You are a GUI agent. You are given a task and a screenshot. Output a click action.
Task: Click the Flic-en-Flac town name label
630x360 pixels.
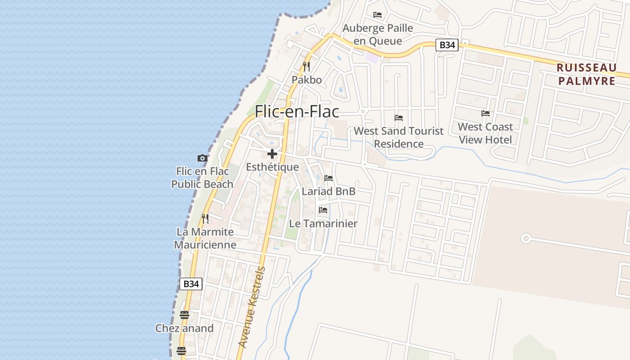pos(297,112)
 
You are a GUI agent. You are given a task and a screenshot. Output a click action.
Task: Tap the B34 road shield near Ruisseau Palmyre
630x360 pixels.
pos(447,45)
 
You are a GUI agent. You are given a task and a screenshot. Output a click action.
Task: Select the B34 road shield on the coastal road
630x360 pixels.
pos(191,284)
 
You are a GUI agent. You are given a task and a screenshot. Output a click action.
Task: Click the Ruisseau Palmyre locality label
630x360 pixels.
pos(586,74)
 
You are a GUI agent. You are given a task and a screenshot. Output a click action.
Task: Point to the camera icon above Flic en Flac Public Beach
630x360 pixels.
pos(202,158)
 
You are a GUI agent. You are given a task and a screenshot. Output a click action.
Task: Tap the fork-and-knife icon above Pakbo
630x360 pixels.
pos(306,67)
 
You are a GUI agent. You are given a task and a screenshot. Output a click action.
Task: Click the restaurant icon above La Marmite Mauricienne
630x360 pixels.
pos(205,219)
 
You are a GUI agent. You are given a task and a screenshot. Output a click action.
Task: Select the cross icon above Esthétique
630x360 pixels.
pos(272,154)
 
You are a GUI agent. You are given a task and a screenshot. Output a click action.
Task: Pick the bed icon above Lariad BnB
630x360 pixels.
pos(328,178)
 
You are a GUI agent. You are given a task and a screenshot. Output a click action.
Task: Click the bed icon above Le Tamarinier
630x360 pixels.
pos(323,210)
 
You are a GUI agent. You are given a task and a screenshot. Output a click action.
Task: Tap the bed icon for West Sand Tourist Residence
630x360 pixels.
pos(399,118)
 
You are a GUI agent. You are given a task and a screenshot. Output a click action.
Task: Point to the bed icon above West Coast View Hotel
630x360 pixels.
pos(486,113)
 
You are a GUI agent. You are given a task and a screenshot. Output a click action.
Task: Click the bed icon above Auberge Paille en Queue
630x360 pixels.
pos(378,15)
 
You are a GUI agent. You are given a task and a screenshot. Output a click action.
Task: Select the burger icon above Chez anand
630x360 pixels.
pos(184,315)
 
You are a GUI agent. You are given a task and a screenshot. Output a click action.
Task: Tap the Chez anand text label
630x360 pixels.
pos(184,328)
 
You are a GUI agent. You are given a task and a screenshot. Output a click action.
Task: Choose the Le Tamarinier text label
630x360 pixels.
pos(323,223)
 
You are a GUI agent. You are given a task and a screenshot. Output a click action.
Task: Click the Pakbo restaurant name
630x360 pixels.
pos(306,80)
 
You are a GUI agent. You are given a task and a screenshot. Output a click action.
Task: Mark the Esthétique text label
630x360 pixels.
pos(272,167)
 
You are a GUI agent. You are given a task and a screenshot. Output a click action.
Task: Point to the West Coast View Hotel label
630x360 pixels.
pos(486,133)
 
